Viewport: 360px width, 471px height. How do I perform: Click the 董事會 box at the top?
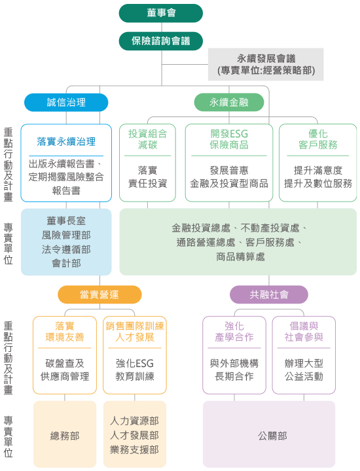coord(161,13)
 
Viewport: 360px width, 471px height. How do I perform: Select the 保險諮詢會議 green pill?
coord(161,41)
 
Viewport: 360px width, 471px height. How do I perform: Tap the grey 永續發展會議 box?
coord(266,64)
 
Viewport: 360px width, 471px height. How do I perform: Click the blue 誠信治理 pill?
coord(66,103)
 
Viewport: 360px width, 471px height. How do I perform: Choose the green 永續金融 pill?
coord(229,103)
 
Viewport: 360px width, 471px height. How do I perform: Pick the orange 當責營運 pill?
coord(99,294)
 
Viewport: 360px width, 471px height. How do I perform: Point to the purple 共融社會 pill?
coord(269,294)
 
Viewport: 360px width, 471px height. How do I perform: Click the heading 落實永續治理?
coord(66,141)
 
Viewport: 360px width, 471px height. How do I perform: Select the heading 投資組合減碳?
coord(147,139)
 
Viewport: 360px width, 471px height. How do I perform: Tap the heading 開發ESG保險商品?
coord(229,139)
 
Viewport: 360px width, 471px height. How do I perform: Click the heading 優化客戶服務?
coord(318,139)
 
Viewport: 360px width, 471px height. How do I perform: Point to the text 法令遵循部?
coord(66,249)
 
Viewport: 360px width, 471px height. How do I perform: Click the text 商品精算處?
coord(240,256)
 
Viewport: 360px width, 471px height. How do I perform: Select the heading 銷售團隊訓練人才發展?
coord(135,331)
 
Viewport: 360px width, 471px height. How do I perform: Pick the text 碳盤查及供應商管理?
coord(65,370)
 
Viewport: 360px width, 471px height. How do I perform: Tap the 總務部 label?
coord(65,436)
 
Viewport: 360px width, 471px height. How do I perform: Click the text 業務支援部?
coord(134,449)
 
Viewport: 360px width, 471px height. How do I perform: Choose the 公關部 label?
coord(272,436)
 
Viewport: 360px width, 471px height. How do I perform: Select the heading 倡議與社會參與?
coord(304,331)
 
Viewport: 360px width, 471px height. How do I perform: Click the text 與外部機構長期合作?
coord(234,370)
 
